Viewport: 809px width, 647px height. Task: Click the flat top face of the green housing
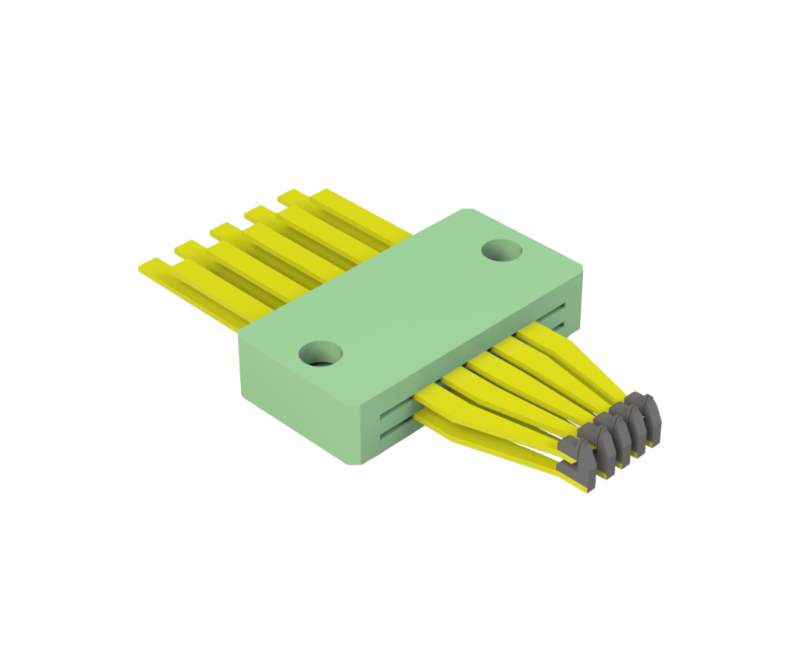(x=411, y=300)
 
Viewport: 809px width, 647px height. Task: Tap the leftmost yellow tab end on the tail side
(x=154, y=267)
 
